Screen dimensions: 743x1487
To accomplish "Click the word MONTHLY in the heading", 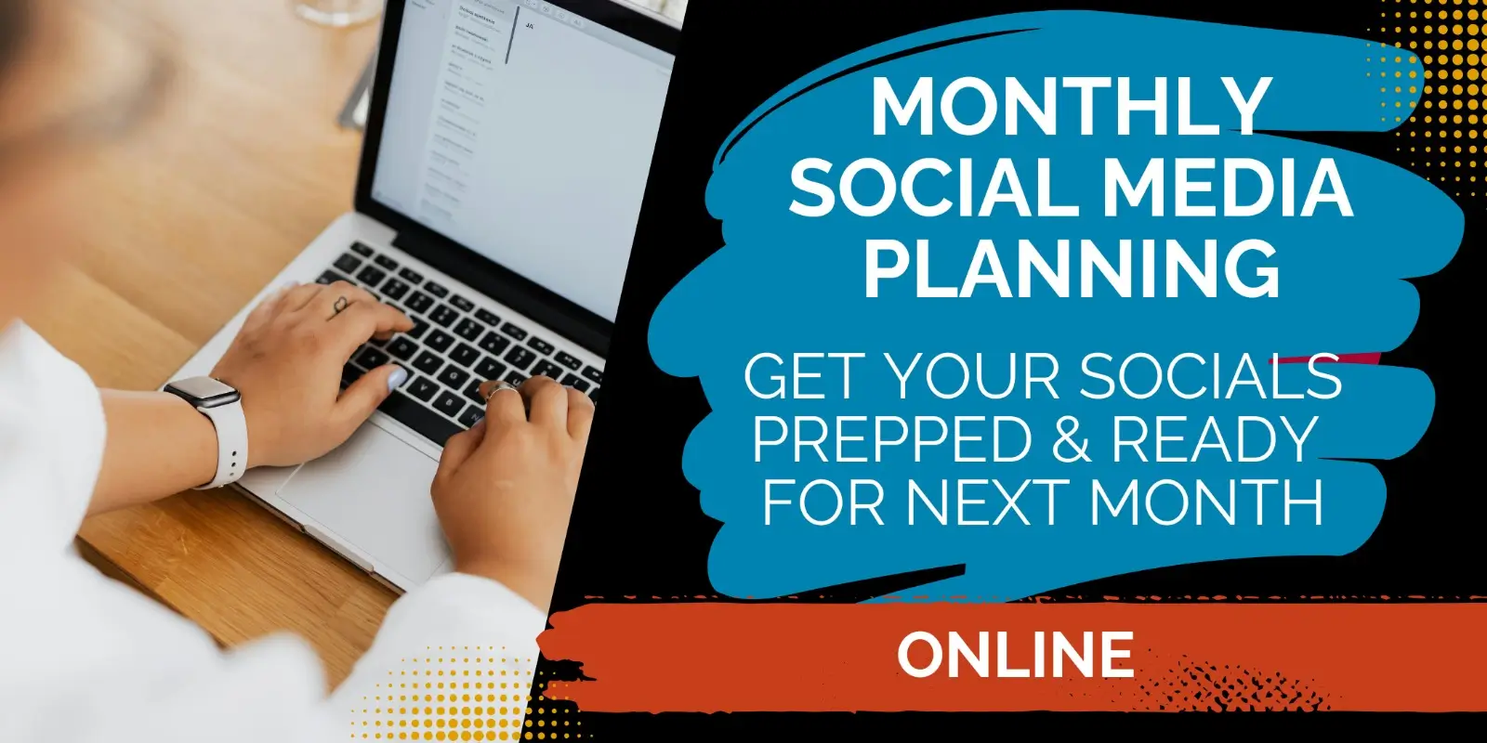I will click(x=1071, y=107).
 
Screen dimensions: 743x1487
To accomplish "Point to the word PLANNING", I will click(x=1072, y=267).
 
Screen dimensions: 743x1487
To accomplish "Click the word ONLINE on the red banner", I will click(x=1015, y=654).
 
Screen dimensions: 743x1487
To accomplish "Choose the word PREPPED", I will click(x=895, y=438).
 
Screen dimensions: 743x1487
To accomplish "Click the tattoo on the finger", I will click(x=340, y=306).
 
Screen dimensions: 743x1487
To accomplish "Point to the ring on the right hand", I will click(x=503, y=391).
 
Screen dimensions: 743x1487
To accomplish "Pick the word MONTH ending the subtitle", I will click(x=1205, y=502).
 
